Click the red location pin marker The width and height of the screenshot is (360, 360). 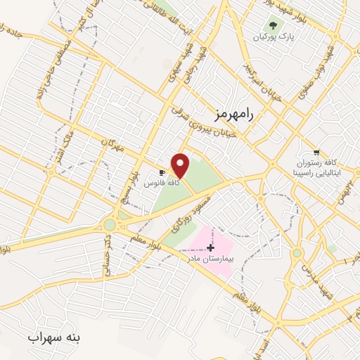coord(181,165)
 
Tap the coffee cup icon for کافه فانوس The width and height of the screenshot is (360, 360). coord(162,172)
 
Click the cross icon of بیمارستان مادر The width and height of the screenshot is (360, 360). coord(210,247)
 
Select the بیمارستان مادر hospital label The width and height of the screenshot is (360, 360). coord(209,259)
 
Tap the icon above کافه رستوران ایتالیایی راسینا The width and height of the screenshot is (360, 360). coord(316,151)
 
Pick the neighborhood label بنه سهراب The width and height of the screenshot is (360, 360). coord(55,338)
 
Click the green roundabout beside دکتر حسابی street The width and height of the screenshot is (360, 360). coord(109,225)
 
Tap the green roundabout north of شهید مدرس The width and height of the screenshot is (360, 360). coord(297,252)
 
